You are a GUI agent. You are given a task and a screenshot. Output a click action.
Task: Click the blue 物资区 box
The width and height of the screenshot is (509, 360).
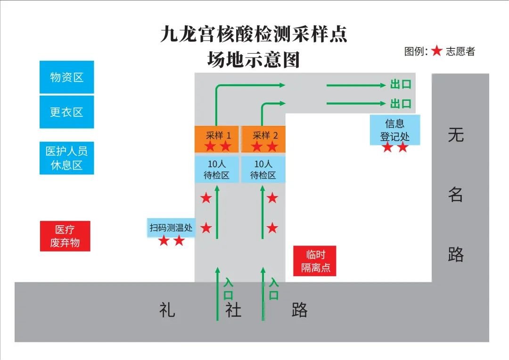(x=66, y=77)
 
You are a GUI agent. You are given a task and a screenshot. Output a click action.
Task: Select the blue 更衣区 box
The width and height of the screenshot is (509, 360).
(x=66, y=112)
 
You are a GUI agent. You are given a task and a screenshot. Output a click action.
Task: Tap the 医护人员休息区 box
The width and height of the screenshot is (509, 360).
(x=66, y=158)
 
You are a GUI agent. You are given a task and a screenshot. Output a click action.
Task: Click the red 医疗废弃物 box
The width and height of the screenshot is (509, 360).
(x=65, y=237)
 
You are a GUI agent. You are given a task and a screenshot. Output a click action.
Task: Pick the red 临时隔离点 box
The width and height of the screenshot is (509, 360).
(x=315, y=261)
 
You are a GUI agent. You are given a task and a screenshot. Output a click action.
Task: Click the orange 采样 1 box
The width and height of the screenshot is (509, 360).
(x=218, y=139)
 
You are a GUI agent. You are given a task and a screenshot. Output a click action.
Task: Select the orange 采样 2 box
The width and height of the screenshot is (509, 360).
(x=263, y=139)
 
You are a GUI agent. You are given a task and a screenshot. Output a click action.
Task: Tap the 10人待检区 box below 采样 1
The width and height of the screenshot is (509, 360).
(x=218, y=170)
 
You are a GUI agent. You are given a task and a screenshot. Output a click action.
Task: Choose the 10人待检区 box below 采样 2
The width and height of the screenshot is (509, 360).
(x=263, y=170)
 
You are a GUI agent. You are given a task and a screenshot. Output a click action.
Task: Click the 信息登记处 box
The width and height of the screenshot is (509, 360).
(x=394, y=131)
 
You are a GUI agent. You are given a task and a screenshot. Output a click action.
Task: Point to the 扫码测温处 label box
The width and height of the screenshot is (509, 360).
(x=171, y=228)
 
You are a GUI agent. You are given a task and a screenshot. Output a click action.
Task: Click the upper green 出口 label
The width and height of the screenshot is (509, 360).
(x=401, y=85)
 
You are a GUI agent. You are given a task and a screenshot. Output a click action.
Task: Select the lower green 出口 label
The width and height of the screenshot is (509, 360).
(x=401, y=103)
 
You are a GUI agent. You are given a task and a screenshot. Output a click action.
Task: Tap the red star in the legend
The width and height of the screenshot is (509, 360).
(x=437, y=51)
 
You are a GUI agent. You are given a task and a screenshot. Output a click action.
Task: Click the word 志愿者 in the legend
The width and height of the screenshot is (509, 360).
(x=460, y=51)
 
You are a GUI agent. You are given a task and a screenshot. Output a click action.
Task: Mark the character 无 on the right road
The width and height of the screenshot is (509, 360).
(x=456, y=135)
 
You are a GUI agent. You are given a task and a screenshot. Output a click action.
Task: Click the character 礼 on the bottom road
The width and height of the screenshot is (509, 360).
(x=167, y=310)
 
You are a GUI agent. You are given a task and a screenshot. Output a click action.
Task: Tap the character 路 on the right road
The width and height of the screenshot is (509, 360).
(x=456, y=254)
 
